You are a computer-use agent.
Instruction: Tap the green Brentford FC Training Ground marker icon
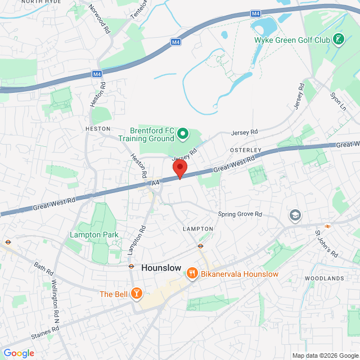point(182,133)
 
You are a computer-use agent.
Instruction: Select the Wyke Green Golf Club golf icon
point(339,39)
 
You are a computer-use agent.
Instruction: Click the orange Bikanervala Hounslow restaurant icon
point(192,273)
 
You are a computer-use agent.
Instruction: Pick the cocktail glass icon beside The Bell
point(136,293)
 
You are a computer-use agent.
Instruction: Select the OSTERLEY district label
point(246,150)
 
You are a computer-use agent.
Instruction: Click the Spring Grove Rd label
point(240,214)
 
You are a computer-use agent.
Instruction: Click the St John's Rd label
point(326,243)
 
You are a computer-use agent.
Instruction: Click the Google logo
point(19,353)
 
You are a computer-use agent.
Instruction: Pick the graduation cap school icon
point(295,215)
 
